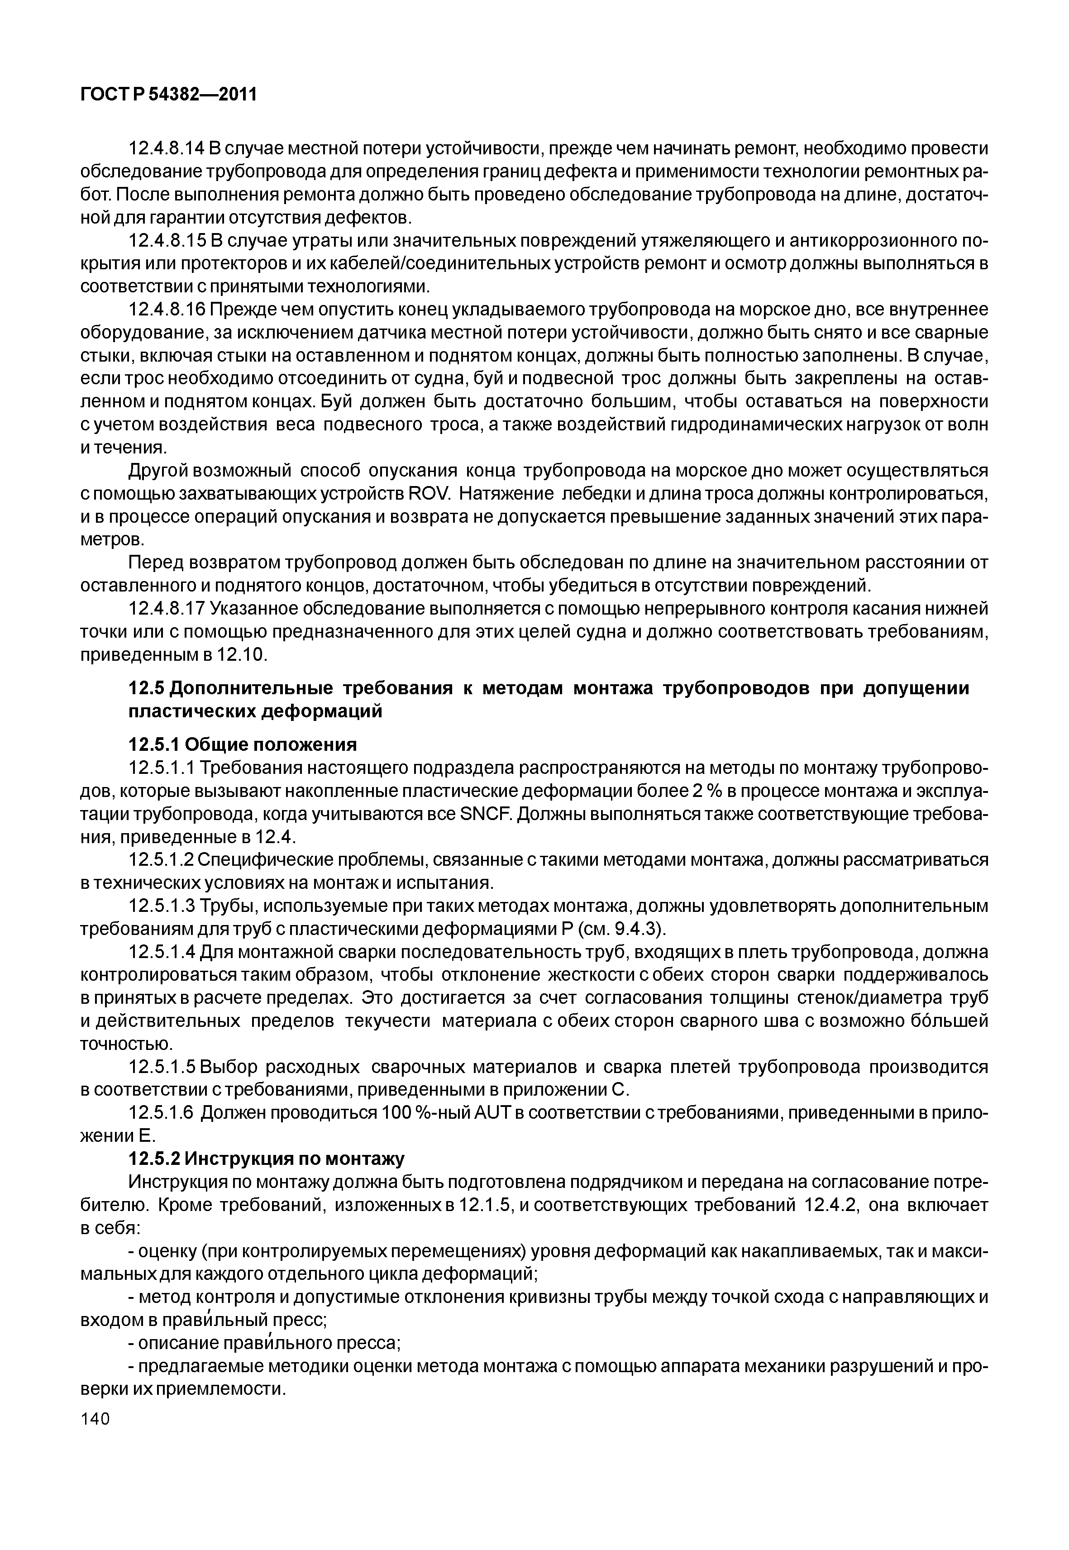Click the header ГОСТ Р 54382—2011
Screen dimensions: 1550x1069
(169, 95)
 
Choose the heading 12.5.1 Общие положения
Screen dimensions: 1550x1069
(243, 744)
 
